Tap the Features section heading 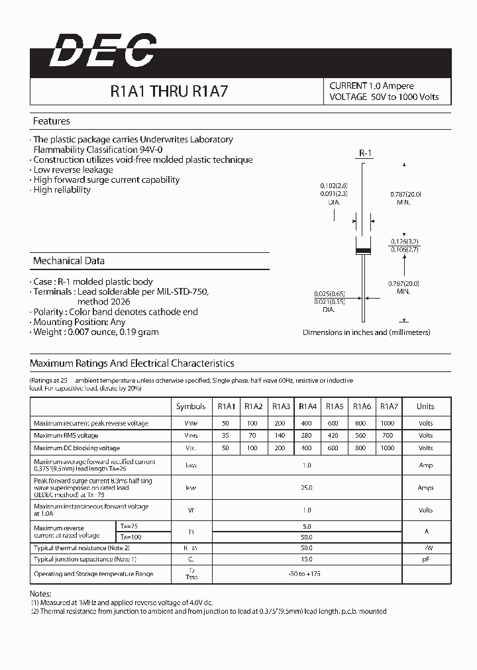[x=52, y=121]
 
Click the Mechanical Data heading [x=69, y=261]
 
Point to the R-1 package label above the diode [x=366, y=154]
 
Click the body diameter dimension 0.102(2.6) [x=334, y=185]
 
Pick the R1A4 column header [x=307, y=407]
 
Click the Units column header [x=425, y=407]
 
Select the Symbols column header [x=191, y=407]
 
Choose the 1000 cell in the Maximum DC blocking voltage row [x=388, y=448]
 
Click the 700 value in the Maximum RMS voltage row [x=388, y=436]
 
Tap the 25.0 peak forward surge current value [x=307, y=488]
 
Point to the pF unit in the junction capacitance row [x=425, y=559]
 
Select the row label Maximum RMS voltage [x=66, y=436]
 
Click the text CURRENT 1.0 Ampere [x=372, y=86]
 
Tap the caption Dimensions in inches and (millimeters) [x=366, y=332]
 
